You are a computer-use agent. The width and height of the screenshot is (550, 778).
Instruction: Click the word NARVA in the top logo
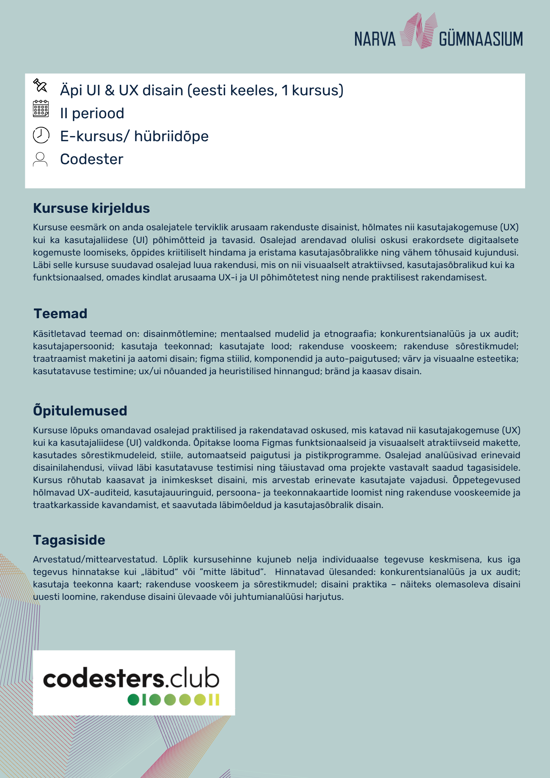coord(375,39)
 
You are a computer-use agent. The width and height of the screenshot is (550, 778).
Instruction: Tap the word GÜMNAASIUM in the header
coord(481,39)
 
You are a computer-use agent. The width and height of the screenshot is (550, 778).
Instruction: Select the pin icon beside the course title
coord(40,85)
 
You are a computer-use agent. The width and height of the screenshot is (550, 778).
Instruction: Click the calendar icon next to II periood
coord(41,109)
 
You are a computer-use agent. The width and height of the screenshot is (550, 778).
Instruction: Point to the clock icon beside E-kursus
coord(41,135)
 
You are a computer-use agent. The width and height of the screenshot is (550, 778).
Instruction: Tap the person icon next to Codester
coord(40,159)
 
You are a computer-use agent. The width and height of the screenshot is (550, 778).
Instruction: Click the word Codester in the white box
coord(91,159)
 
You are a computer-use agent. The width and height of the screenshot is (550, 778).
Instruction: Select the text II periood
coord(92,113)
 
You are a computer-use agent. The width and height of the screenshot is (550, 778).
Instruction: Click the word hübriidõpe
coord(171,136)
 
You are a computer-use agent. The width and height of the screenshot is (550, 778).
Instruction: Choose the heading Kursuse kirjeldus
coord(91,208)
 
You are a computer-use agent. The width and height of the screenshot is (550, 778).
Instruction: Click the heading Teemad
coord(60,314)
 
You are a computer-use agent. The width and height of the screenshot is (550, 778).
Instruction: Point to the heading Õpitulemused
coord(80,411)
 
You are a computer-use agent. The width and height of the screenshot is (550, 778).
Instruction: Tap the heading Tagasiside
coord(69,540)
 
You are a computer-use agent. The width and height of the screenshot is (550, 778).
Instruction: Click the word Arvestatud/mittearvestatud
coord(95,559)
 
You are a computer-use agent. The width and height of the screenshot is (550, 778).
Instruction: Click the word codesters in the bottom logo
coord(103,679)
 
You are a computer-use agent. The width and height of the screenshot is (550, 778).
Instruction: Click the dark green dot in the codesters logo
coord(133,700)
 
